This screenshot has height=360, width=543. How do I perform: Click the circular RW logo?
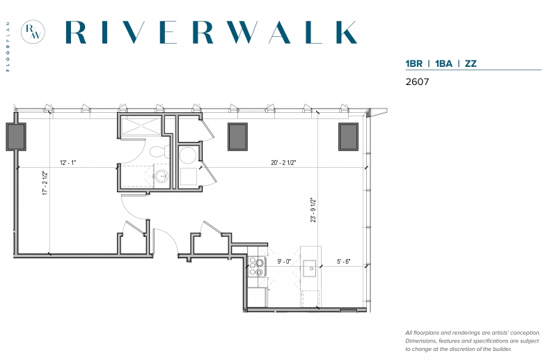click(33, 32)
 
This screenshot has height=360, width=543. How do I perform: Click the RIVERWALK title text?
click(211, 32)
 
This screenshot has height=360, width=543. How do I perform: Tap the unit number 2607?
click(417, 81)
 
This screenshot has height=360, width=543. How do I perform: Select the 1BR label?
click(414, 64)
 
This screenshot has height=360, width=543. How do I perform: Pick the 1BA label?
click(443, 64)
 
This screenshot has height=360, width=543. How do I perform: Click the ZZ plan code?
click(471, 64)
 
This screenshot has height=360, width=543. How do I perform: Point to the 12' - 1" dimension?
click(68, 162)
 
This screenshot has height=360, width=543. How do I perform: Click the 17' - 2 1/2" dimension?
click(45, 183)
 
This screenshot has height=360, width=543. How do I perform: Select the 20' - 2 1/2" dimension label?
click(283, 162)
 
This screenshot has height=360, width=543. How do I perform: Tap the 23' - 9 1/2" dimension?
click(313, 210)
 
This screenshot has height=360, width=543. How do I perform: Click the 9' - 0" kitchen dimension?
click(284, 262)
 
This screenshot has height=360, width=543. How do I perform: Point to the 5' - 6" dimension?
click(343, 262)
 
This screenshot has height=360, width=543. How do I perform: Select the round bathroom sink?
click(162, 176)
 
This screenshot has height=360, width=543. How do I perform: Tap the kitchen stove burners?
click(257, 267)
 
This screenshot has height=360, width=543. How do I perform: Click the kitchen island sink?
click(310, 269)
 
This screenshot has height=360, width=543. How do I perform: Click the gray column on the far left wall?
click(16, 137)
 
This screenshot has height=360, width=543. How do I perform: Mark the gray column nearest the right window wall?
click(348, 137)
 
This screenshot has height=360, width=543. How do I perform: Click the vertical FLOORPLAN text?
click(8, 47)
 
